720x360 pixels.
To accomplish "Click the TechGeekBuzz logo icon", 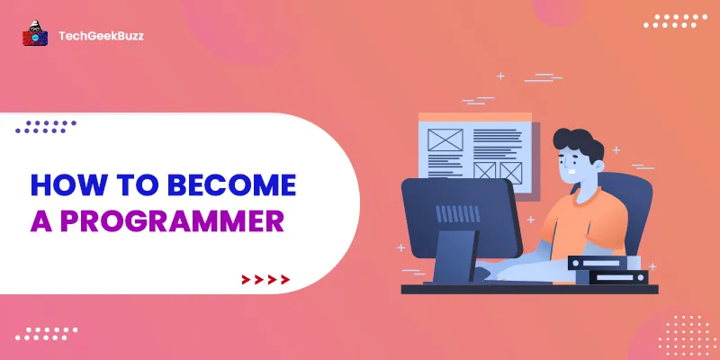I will click(34, 35).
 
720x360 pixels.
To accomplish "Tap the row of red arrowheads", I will click(265, 280).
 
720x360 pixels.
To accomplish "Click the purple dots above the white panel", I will click(45, 126).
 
